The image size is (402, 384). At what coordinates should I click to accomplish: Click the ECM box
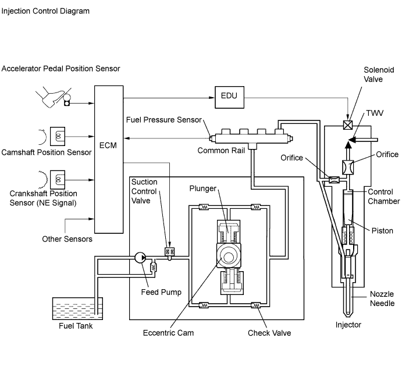(x=108, y=145)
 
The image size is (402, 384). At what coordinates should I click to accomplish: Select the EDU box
(x=229, y=95)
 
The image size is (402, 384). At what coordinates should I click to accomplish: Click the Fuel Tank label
(x=76, y=325)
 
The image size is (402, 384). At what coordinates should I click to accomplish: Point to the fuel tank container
(x=77, y=308)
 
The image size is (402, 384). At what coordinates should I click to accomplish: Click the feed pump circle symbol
(x=140, y=257)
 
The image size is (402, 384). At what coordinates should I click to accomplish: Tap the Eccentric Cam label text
(x=168, y=333)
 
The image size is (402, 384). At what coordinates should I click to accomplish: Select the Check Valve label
(x=269, y=333)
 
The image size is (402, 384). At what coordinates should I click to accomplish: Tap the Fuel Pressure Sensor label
(x=163, y=120)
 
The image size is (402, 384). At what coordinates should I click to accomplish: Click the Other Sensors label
(x=67, y=239)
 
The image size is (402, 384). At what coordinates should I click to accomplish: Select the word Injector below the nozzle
(x=348, y=324)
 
